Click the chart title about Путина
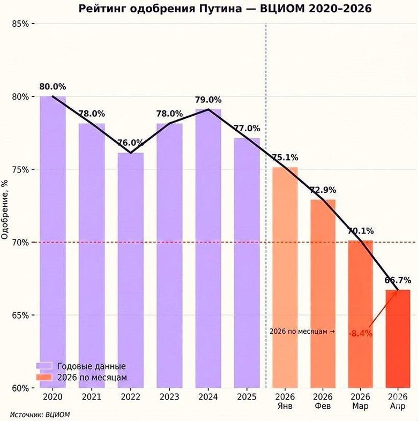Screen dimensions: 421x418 [225, 9]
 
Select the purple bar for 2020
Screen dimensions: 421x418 [53, 241]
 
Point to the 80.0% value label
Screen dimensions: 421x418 [53, 86]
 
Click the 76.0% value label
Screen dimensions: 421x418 [130, 143]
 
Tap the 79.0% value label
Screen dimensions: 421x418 [208, 100]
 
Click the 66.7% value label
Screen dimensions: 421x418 [398, 280]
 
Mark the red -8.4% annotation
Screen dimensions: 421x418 [360, 334]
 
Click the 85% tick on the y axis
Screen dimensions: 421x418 [22, 24]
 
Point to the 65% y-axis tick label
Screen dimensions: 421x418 [22, 315]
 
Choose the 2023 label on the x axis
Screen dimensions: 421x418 [169, 397]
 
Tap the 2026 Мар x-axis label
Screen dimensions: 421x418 [360, 402]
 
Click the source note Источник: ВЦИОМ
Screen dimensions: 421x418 [40, 414]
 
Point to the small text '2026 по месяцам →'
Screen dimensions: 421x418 [302, 332]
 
